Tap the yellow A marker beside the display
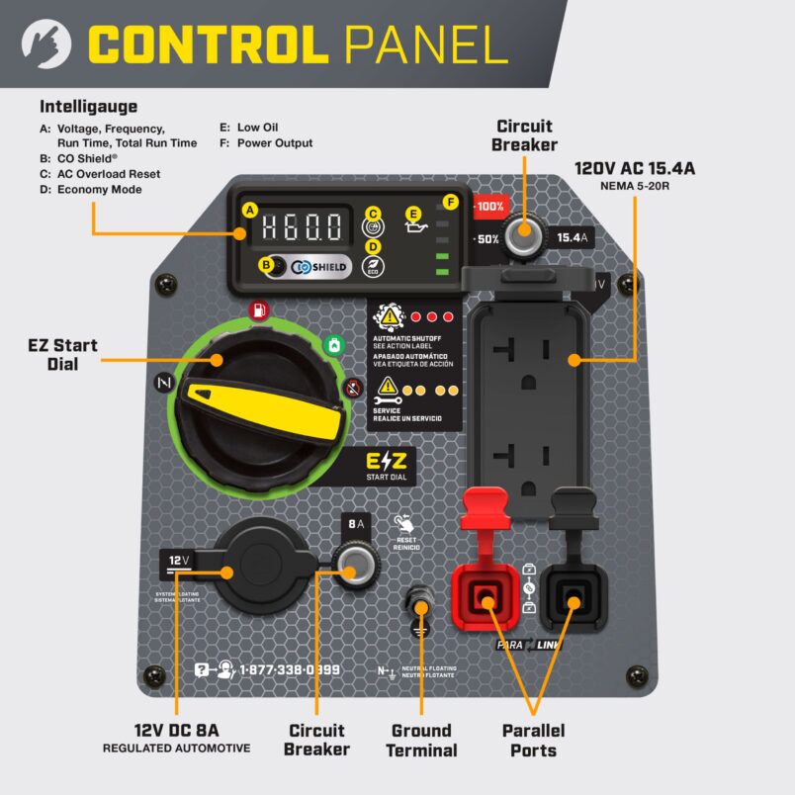(250, 210)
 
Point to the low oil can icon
(419, 230)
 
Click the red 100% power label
(489, 207)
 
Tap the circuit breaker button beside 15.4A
(523, 236)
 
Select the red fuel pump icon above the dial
(259, 310)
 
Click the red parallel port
(486, 597)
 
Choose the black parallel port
(571, 598)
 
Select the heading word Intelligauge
(88, 106)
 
